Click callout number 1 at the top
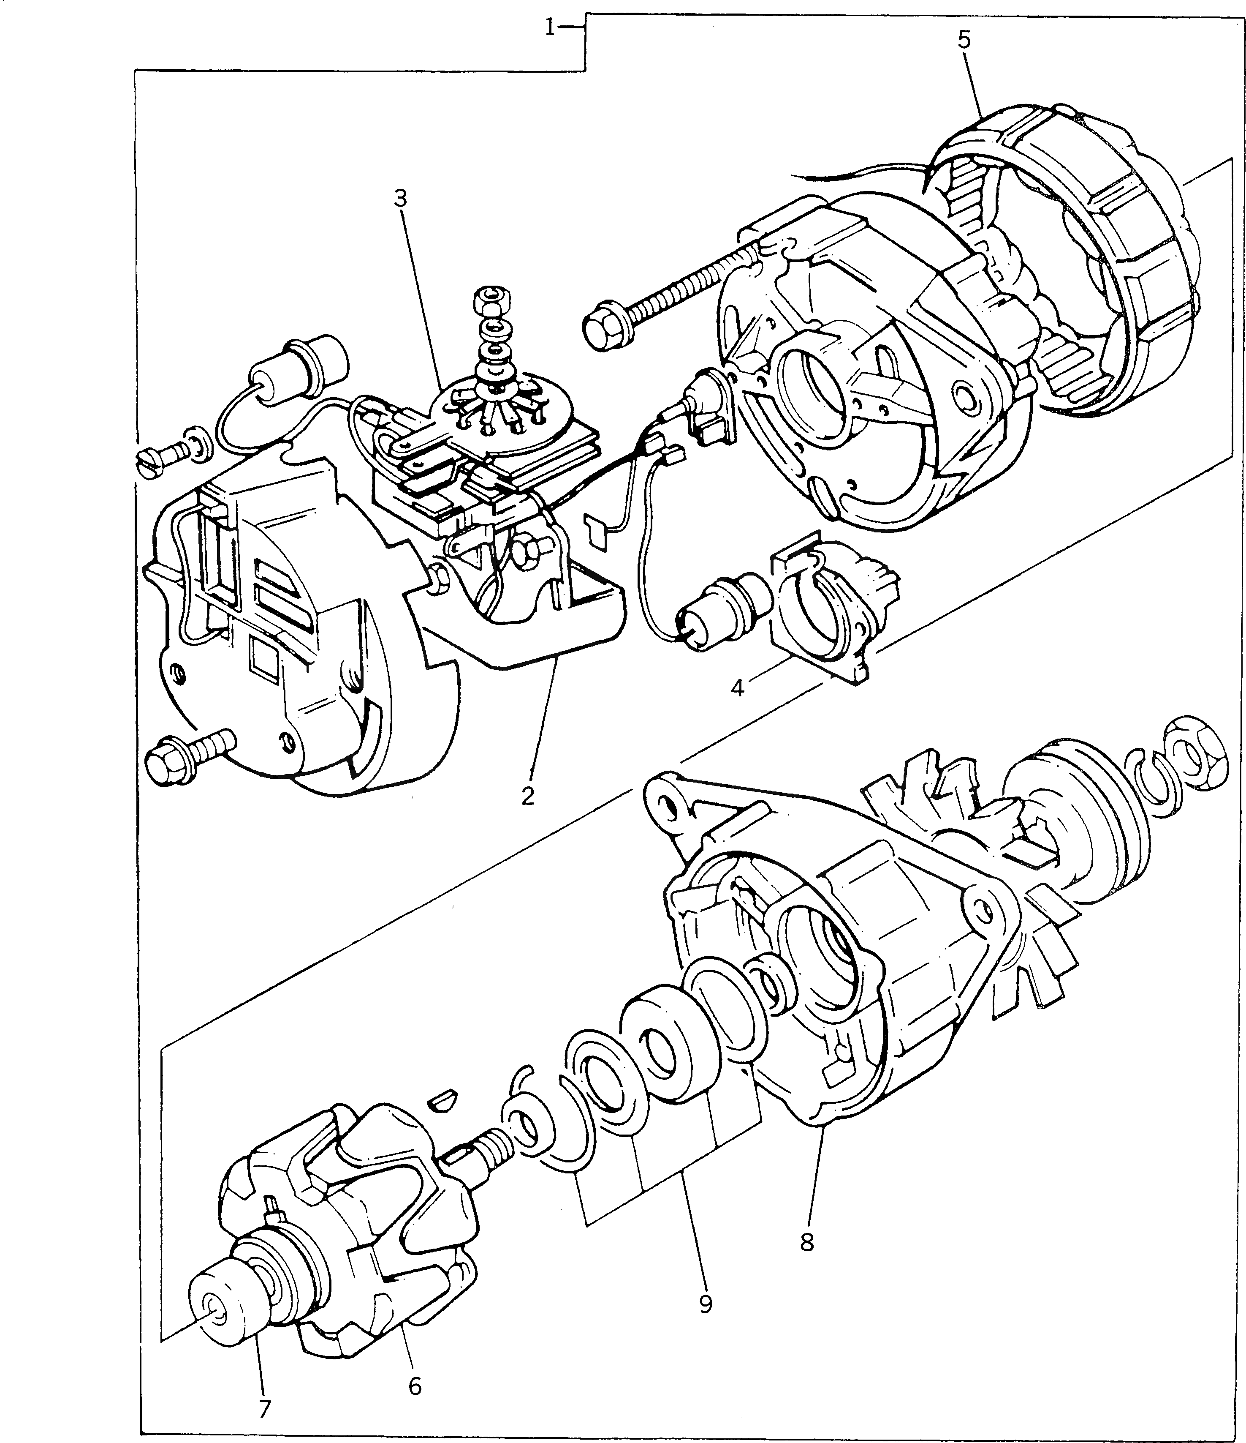pos(550,29)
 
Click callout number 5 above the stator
pos(964,40)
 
